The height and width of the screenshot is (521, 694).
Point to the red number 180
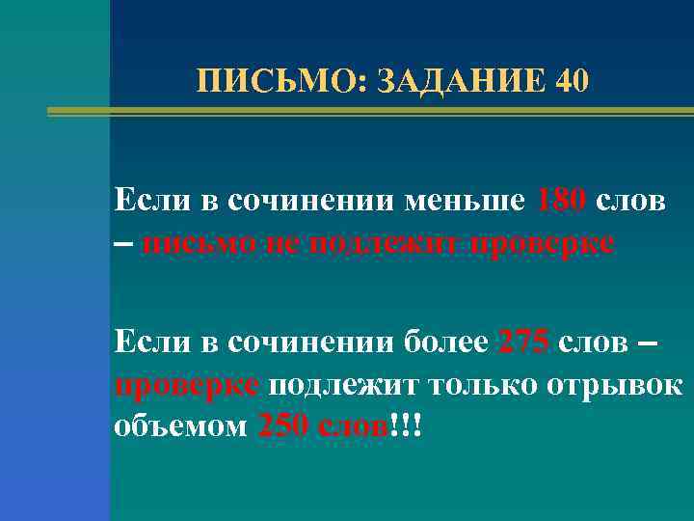(x=562, y=202)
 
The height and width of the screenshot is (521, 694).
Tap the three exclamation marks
(x=408, y=425)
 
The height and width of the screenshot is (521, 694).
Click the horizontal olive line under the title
(x=371, y=112)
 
